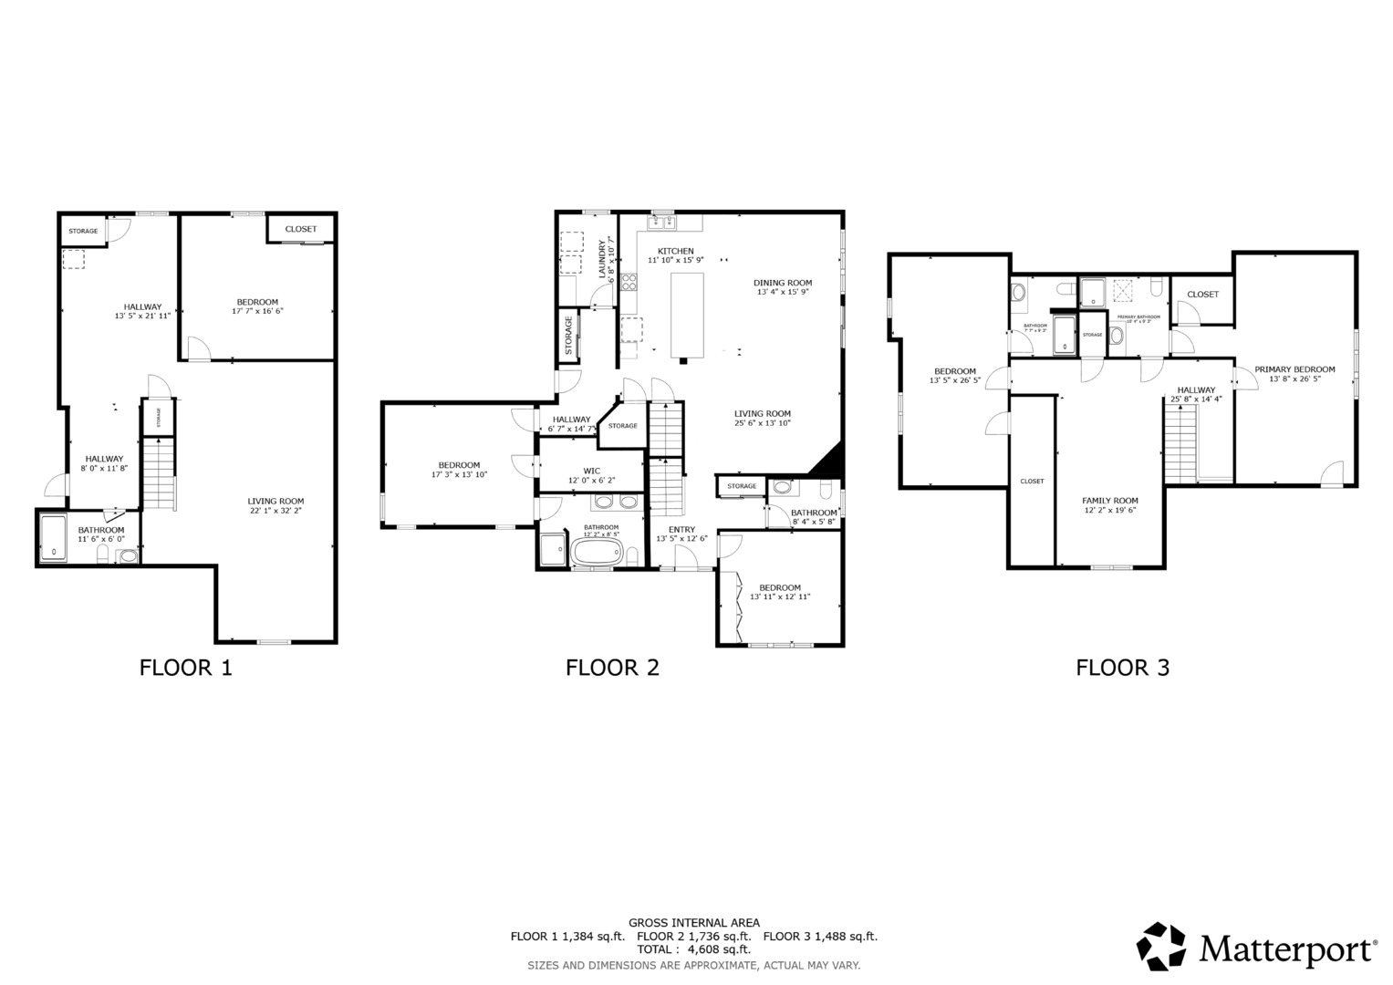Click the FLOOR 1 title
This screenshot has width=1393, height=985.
185,668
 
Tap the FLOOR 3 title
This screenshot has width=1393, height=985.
1122,668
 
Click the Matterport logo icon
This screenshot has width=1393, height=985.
1160,947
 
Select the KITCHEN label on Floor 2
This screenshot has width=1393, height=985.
676,251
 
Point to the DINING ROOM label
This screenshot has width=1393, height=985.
783,283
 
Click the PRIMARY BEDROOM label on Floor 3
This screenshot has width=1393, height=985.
1294,369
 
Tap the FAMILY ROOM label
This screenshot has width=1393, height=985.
1109,501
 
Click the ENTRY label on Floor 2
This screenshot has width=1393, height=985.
681,530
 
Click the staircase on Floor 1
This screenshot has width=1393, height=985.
159,472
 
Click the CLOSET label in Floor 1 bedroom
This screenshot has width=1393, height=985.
300,229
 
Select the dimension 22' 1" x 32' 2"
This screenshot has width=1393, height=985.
275,512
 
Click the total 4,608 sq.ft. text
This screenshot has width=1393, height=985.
693,949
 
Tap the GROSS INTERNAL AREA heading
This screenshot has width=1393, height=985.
693,923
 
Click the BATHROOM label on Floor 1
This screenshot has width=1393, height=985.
100,530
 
